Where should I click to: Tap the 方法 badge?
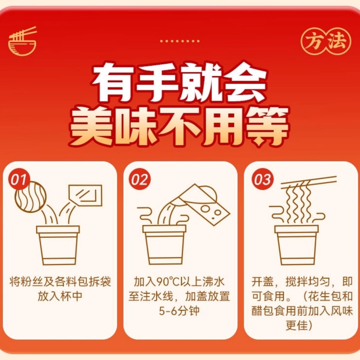[326, 41]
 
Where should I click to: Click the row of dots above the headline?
[180, 41]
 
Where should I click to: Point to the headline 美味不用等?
[179, 126]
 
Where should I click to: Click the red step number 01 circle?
[19, 179]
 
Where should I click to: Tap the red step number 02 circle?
[140, 179]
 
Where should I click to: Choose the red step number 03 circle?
[263, 179]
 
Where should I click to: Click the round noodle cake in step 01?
[31, 197]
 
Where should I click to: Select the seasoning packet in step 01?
[86, 195]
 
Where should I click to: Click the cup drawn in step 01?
[58, 245]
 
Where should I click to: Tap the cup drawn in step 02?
[165, 245]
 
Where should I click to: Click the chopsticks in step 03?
[309, 183]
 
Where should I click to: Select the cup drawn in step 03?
[297, 245]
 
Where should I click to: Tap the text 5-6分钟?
[179, 311]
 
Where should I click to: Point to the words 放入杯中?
[60, 296]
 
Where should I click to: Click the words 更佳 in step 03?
[299, 326]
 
